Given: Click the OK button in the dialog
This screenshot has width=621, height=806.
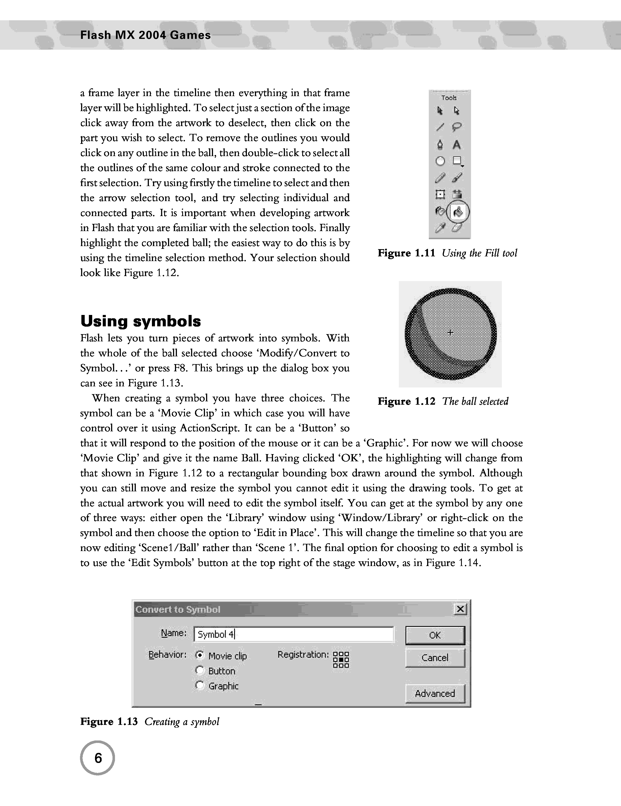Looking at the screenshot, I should [x=435, y=635].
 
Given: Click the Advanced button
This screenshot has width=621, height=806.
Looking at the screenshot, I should [x=435, y=694].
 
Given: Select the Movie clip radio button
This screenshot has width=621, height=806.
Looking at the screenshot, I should [x=200, y=655].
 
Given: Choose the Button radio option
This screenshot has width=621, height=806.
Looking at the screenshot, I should [x=200, y=670].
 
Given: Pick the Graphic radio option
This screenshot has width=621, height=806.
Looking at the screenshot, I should [x=200, y=685].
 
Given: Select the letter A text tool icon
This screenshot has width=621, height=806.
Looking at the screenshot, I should [x=457, y=145].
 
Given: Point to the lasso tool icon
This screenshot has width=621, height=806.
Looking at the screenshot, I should [x=457, y=127].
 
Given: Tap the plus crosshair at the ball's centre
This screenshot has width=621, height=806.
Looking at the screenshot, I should [x=450, y=333].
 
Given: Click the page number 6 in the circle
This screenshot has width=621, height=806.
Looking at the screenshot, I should [x=98, y=758].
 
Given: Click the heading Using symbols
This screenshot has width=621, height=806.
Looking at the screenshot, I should [x=141, y=321].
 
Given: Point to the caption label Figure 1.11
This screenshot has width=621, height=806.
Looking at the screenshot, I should [x=406, y=253].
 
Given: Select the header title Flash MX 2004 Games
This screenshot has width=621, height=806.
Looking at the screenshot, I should [x=145, y=36].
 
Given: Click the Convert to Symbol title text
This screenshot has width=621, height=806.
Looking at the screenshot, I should [x=178, y=609].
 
